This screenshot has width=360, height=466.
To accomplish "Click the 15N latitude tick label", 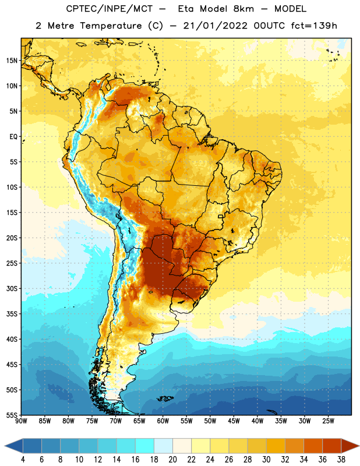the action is tap(12, 61).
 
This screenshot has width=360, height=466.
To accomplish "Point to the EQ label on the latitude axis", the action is tap(13, 137).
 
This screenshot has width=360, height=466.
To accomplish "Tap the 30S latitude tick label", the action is tap(12, 289).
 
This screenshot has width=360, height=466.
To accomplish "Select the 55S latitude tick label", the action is tap(12, 415).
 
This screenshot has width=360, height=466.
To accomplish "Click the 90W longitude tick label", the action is tap(21, 421).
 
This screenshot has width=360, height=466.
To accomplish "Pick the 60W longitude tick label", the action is tap(163, 421).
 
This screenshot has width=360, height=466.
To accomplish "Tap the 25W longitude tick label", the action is tap(328, 421).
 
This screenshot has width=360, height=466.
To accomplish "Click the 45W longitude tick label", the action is tap(234, 421).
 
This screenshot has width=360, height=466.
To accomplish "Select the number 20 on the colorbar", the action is tap(172, 460).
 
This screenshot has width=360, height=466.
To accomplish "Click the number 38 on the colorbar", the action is tap(341, 460).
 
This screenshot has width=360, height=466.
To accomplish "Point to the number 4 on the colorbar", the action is tap(23, 460).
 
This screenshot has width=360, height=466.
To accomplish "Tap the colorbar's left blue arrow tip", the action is tap(5, 446).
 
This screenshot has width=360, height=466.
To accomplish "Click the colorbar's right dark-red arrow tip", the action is tap(359, 446).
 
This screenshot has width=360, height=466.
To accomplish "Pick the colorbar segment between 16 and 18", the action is tap(145, 446).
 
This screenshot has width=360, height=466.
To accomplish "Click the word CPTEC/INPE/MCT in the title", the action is tap(109, 9).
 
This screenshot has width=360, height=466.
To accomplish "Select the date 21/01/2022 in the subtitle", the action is tap(215, 26).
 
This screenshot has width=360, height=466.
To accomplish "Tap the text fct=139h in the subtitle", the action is tap(314, 26).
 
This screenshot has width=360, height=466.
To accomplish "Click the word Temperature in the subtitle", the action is tap(111, 26).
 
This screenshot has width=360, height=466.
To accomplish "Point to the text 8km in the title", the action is tap(243, 9).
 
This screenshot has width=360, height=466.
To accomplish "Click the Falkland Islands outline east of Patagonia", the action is tap(165, 398).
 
